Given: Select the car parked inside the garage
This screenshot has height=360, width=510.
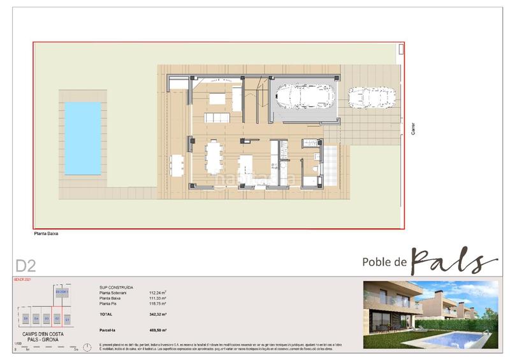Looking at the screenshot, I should click(302, 98).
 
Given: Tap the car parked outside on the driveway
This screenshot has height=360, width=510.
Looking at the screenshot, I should click(372, 98).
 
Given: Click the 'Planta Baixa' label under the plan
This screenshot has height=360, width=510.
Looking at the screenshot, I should click(46, 234).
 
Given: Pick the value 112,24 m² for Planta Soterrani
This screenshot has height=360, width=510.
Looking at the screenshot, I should click(157, 292).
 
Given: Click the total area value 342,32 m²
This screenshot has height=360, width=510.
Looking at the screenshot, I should click(157, 315).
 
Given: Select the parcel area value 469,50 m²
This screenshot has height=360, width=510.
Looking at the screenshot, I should click(157, 330).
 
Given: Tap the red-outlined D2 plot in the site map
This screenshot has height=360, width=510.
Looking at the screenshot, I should click(56, 317).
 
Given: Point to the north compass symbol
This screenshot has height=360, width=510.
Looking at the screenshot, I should click(401, 49).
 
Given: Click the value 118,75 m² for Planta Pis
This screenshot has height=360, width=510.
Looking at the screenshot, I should click(157, 303).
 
